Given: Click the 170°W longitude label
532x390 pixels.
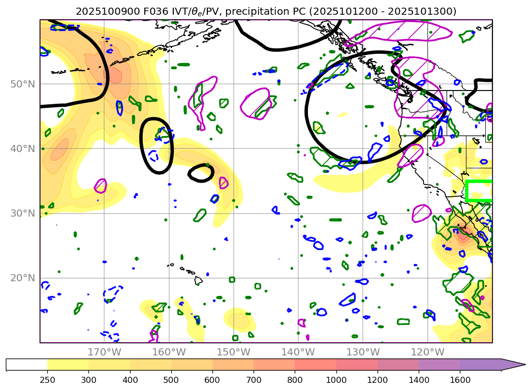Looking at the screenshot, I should pos(104,352).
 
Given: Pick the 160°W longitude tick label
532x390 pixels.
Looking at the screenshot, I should pos(169,352).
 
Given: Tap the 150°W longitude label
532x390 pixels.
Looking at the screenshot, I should pos(233,352).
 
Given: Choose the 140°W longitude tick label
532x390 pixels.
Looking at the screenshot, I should pos(298,352).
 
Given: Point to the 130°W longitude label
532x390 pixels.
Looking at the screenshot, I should pos(362,352).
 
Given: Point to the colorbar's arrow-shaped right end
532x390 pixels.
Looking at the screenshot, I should pos(513,364).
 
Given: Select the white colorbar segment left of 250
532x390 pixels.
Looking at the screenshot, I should pos(26,364).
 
